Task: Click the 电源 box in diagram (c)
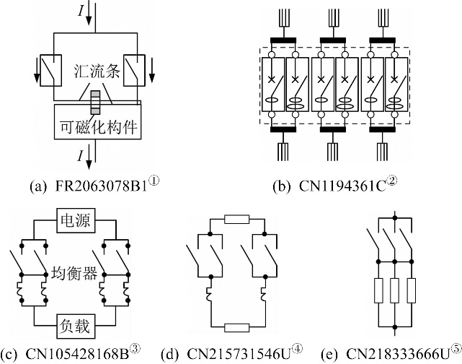tap(76, 220)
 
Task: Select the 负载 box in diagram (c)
tap(76, 326)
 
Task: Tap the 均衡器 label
tap(74, 274)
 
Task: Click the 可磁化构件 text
tap(99, 127)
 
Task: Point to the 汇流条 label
tap(97, 71)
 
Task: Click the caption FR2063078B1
tap(101, 186)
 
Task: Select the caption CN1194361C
tap(342, 186)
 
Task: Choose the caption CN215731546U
tap(239, 354)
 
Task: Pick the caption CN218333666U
tap(398, 354)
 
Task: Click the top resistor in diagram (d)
tap(237, 220)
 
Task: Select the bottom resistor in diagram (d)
tap(237, 327)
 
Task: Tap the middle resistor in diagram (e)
tap(395, 290)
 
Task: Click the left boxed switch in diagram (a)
tap(50, 70)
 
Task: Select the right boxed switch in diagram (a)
tap(134, 70)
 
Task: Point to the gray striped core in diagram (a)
tap(95, 103)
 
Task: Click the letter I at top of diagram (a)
tap(80, 11)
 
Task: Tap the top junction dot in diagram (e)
tap(395, 218)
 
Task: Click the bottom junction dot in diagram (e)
tap(395, 326)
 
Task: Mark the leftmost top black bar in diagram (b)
tap(283, 40)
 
